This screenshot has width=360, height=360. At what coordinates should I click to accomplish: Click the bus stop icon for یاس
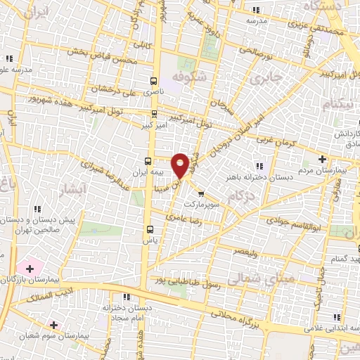[x=149, y=229]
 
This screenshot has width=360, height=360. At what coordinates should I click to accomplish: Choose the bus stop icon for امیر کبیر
[x=154, y=113]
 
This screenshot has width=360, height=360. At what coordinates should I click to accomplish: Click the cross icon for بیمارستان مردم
[x=322, y=158]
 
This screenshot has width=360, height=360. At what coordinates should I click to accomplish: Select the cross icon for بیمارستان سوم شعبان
[x=53, y=324]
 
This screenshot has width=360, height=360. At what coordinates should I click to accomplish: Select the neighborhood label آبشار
[x=77, y=189]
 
